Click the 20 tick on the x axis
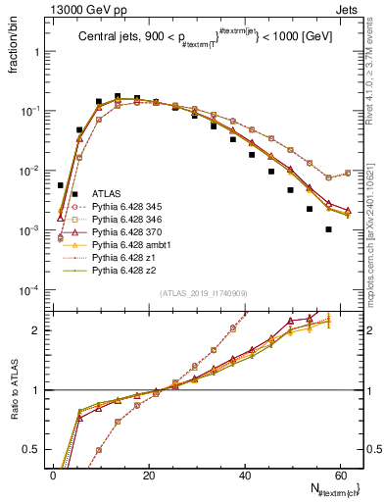coord(149,476)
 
